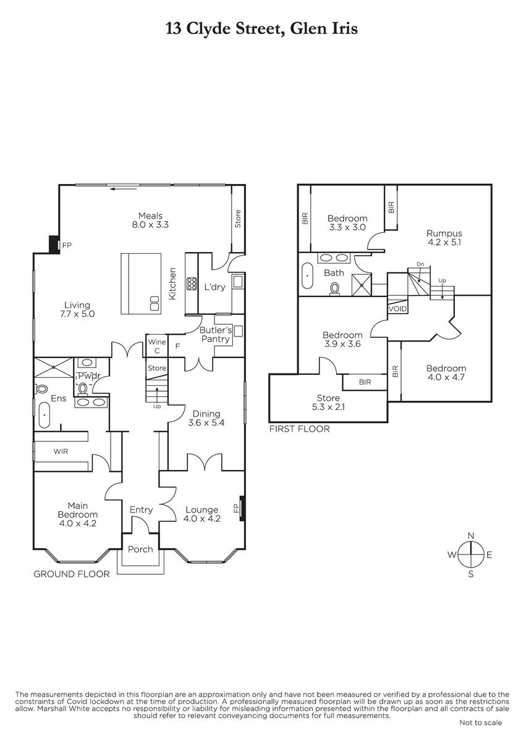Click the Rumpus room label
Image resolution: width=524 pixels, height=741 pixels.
(x=444, y=238)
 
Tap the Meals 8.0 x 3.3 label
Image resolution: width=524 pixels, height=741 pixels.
(x=150, y=220)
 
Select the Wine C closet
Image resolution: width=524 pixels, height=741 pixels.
(x=157, y=346)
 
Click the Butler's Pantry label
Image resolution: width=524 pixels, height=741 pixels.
(x=216, y=335)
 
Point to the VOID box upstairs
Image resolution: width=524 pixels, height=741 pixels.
(x=397, y=309)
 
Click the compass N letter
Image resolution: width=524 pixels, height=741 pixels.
(x=471, y=535)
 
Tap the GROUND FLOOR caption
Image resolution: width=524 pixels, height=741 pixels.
(x=72, y=574)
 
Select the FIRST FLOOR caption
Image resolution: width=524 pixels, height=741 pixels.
(x=299, y=429)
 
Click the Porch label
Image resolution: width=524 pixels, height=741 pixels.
(x=140, y=550)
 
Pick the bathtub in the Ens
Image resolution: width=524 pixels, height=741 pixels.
(x=44, y=415)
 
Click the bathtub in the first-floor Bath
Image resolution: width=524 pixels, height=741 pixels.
(x=308, y=275)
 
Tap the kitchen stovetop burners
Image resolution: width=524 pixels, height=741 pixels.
(x=192, y=284)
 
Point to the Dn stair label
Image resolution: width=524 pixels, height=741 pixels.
(x=420, y=264)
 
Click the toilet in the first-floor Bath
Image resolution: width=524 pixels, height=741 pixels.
(x=335, y=288)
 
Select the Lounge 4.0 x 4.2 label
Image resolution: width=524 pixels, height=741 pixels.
(x=201, y=514)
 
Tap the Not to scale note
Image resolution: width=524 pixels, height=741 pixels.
(x=480, y=723)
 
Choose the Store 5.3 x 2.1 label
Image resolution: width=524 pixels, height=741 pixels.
(x=328, y=402)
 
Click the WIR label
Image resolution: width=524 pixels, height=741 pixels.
(x=61, y=451)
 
